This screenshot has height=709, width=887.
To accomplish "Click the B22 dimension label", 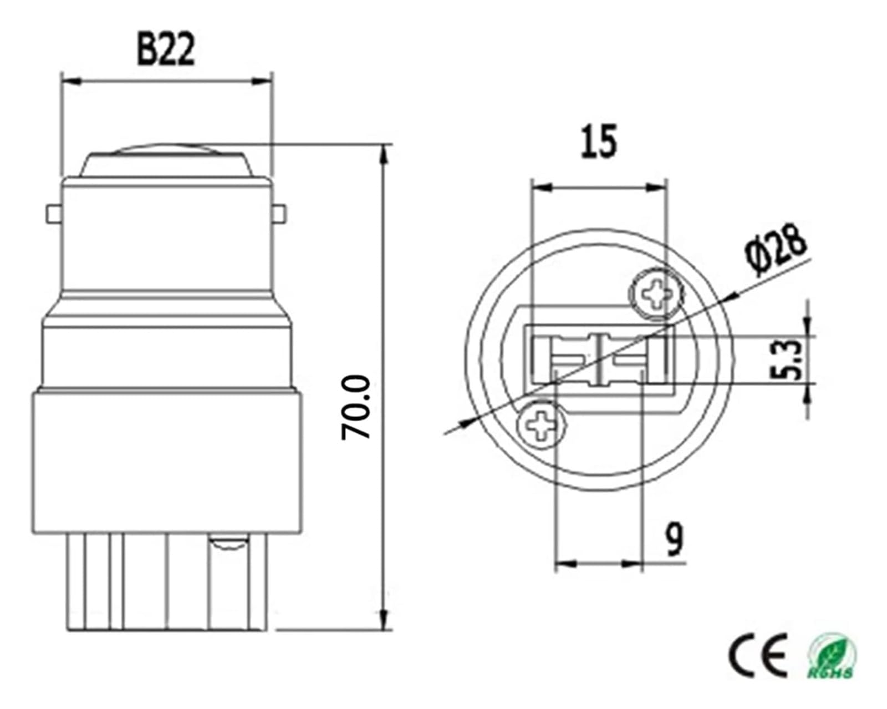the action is pos(166,50).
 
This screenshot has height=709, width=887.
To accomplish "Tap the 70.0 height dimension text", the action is pos(356,408).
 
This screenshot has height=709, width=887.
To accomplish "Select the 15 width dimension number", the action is pos(599,141).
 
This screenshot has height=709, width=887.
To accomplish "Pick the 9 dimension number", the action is pos(674,539).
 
